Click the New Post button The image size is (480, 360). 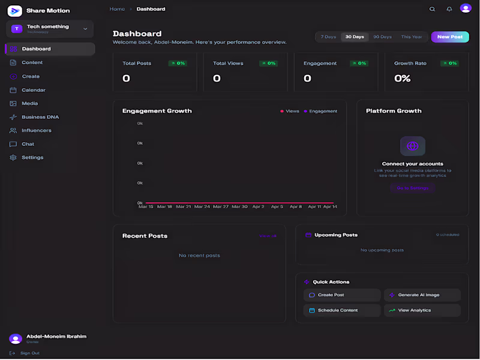click(x=449, y=37)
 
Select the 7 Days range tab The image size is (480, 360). click(x=328, y=37)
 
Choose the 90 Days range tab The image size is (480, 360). click(x=382, y=37)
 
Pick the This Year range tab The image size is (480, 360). click(x=412, y=37)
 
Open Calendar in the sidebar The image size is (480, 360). click(x=34, y=90)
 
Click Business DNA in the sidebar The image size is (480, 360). click(x=40, y=117)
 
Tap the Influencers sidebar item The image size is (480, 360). click(x=37, y=130)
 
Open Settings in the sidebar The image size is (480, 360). click(x=32, y=157)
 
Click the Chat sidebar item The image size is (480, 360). click(x=28, y=144)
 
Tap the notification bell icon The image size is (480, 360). click(x=449, y=9)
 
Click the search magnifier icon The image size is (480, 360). click(x=432, y=9)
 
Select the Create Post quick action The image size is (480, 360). click(x=342, y=295)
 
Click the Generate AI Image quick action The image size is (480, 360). click(x=422, y=295)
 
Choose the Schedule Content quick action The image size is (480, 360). click(x=342, y=310)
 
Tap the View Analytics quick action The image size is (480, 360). click(x=422, y=310)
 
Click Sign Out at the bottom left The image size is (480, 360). click(x=29, y=353)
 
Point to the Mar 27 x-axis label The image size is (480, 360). click(x=221, y=206)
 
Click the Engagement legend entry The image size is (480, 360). click(x=323, y=111)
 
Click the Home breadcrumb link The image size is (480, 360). click(x=117, y=9)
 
